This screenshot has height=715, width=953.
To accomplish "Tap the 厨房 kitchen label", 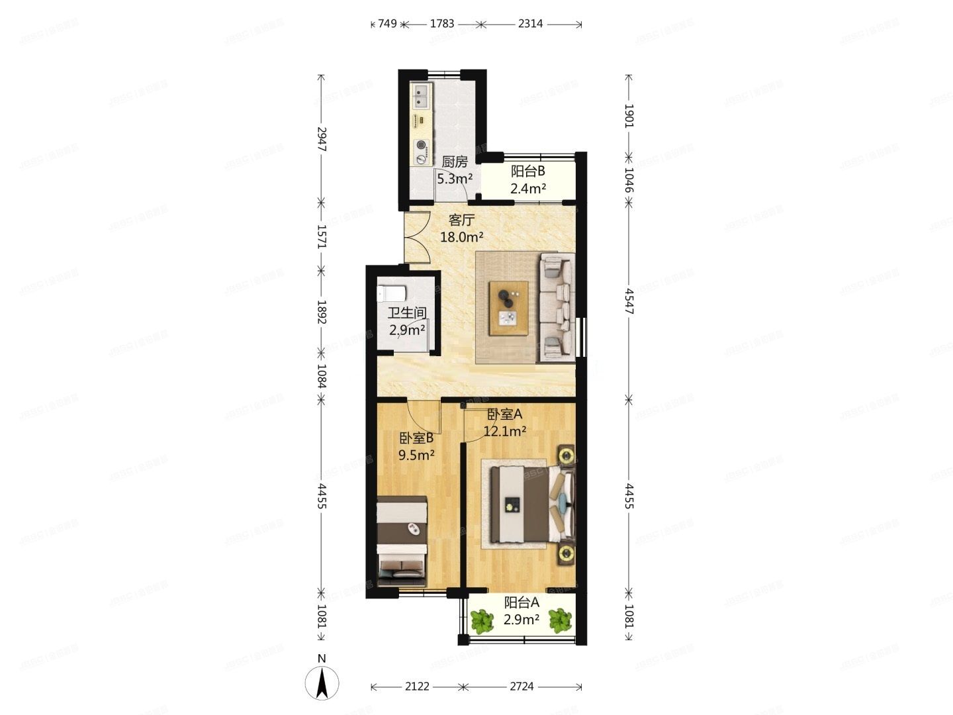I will tap(455, 162).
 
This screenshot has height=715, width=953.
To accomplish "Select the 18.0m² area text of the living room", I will tap(462, 236).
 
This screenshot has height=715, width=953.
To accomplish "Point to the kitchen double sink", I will tap(421, 97).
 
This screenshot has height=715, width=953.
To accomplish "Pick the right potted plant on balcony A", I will tap(560, 620).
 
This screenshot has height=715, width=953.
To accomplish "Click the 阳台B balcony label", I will tap(527, 171).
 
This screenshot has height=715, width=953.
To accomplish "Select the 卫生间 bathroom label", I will tap(406, 313).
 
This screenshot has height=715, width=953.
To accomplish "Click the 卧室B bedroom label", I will tap(416, 438).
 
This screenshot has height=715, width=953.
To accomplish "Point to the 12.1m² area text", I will tap(505, 432).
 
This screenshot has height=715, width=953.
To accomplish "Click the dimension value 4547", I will tap(629, 301).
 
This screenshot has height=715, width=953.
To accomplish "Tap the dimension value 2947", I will tap(322, 139).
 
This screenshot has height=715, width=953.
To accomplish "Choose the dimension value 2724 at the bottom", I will tap(522, 687).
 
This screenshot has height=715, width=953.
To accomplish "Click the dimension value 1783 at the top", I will tap(442, 24).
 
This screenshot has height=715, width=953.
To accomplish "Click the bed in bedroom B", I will tap(402, 541).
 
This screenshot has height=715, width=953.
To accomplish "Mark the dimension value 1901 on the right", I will tap(629, 115).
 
